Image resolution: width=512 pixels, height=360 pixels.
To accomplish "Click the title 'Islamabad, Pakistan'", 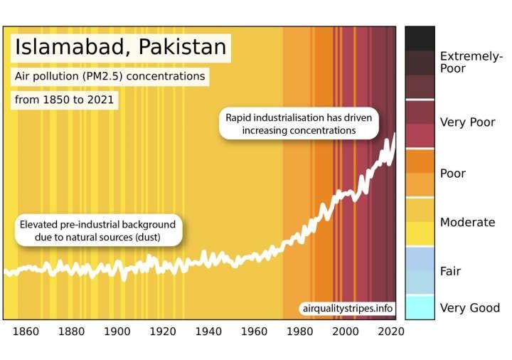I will coord(121,48).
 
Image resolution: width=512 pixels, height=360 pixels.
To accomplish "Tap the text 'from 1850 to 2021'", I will coord(64,100).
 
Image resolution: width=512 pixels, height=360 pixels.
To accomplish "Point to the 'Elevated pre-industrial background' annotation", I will coord(97,231).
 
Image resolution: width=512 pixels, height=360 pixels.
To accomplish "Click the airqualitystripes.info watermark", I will coord(347,308).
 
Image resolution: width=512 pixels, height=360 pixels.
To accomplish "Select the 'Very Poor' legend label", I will coord(467,122).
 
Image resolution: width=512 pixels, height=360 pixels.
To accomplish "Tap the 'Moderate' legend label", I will coord(467,222).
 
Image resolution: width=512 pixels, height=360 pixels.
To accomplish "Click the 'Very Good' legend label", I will coord(470,308).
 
